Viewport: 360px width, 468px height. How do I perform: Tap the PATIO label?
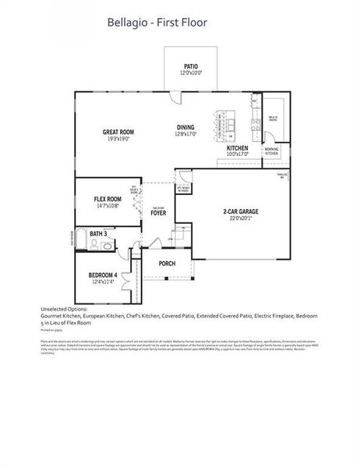(x=190, y=66)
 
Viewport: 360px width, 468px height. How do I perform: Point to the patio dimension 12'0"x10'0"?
(x=190, y=73)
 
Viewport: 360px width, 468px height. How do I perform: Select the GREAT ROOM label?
(x=118, y=132)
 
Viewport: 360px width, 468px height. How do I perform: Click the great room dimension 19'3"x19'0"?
(x=118, y=139)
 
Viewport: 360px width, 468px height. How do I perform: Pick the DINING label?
(x=185, y=126)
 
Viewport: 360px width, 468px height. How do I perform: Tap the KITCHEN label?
(x=238, y=147)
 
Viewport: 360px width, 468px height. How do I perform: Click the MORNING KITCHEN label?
(x=271, y=151)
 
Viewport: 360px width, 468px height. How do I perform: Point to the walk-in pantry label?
(x=274, y=119)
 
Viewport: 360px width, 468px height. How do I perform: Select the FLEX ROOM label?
(x=108, y=198)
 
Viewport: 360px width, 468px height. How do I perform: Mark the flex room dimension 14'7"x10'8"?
(x=108, y=205)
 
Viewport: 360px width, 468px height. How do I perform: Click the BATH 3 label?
(x=98, y=233)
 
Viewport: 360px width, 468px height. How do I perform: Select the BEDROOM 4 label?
(x=103, y=275)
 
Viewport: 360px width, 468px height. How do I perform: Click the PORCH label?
(x=167, y=264)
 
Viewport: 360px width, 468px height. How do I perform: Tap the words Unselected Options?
(x=64, y=310)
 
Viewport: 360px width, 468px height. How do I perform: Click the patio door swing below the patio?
(x=176, y=97)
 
